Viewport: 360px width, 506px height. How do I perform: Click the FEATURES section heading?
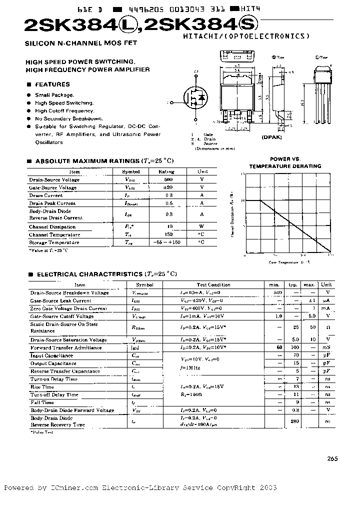tap(52, 84)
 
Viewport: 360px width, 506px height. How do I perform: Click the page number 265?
tap(333, 459)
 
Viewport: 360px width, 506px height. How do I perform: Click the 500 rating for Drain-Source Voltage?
tap(168, 179)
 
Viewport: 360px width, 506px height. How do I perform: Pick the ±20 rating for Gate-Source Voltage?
tap(168, 187)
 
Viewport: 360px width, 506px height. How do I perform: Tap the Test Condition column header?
tap(213, 284)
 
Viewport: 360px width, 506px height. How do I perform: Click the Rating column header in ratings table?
tap(166, 171)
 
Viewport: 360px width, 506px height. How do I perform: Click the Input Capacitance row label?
tap(51, 355)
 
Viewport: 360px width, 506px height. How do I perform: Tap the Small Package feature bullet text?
tap(54, 95)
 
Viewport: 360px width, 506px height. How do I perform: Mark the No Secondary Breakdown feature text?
tap(68, 119)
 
